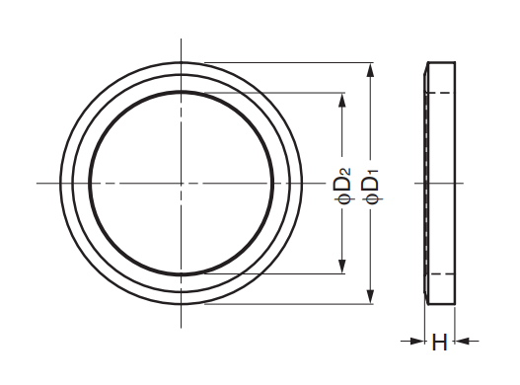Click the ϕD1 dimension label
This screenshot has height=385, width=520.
point(372,187)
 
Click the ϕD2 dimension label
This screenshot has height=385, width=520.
point(344,187)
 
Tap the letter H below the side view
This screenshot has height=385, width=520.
point(439,343)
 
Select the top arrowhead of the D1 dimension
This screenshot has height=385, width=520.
point(371,70)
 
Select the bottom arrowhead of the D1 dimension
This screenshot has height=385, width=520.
point(371,296)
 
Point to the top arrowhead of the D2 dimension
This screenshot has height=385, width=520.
point(342,101)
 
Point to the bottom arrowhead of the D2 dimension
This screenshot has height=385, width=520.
point(342,267)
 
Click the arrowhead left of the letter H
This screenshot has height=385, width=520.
point(417,341)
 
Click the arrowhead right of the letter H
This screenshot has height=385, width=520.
point(462,341)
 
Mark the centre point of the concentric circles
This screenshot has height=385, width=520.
point(182,183)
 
